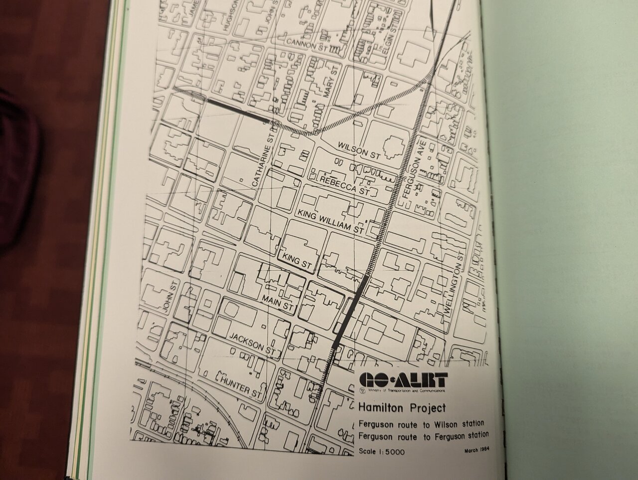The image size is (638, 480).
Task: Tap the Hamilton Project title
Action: click(x=402, y=408)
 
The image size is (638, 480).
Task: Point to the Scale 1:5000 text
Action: click(x=381, y=452)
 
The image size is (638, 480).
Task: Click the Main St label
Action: click(x=278, y=303)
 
